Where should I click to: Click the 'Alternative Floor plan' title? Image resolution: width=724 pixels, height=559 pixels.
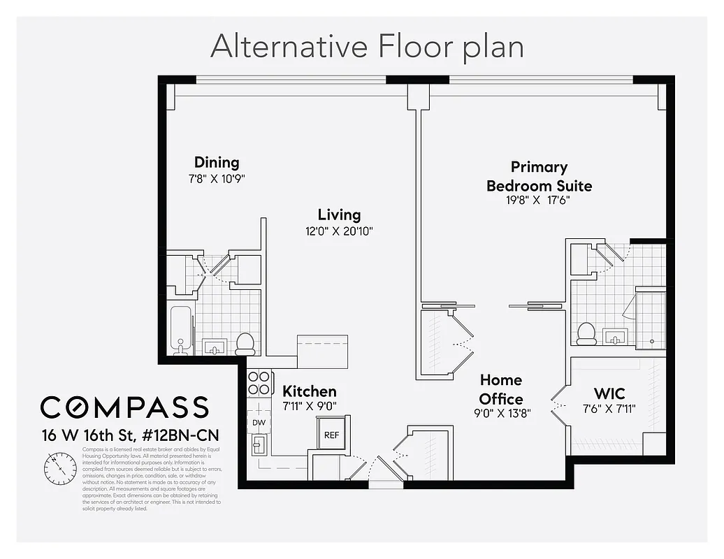pos(367,47)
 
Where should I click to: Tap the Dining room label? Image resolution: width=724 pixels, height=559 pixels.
pos(217,163)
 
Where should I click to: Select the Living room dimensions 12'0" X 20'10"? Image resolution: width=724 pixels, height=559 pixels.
pos(339,231)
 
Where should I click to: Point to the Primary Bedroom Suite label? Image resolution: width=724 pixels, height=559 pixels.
pos(539,176)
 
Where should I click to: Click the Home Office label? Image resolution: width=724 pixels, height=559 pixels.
pos(501,389)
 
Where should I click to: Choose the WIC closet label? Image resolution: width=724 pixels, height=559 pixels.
pos(609,393)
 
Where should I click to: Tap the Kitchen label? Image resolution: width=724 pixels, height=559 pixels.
pos(310,391)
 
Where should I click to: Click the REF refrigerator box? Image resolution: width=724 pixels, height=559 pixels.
pos(331,435)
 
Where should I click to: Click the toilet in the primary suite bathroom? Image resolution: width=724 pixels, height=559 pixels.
pos(586,333)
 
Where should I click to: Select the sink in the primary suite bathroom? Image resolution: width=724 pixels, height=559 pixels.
pos(615,338)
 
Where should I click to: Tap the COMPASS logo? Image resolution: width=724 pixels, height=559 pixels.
pos(124,407)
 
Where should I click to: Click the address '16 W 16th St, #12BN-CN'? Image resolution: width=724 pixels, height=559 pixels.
pos(125,435)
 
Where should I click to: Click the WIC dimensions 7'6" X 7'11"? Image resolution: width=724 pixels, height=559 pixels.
pos(609,409)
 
